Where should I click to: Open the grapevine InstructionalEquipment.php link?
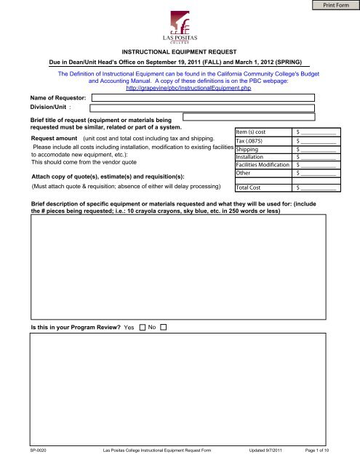[x=180, y=88]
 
